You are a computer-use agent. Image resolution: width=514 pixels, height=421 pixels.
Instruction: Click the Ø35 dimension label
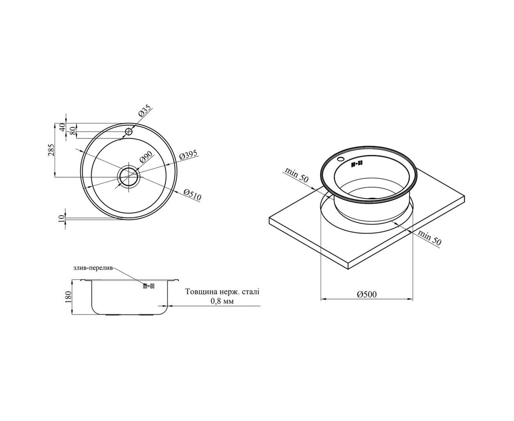145,111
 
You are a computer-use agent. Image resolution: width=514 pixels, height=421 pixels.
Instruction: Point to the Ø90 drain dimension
146,157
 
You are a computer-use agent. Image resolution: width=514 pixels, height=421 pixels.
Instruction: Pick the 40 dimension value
62,127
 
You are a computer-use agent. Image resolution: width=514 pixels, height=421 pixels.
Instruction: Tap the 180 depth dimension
69,297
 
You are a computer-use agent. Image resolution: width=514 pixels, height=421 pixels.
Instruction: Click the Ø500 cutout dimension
367,295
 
